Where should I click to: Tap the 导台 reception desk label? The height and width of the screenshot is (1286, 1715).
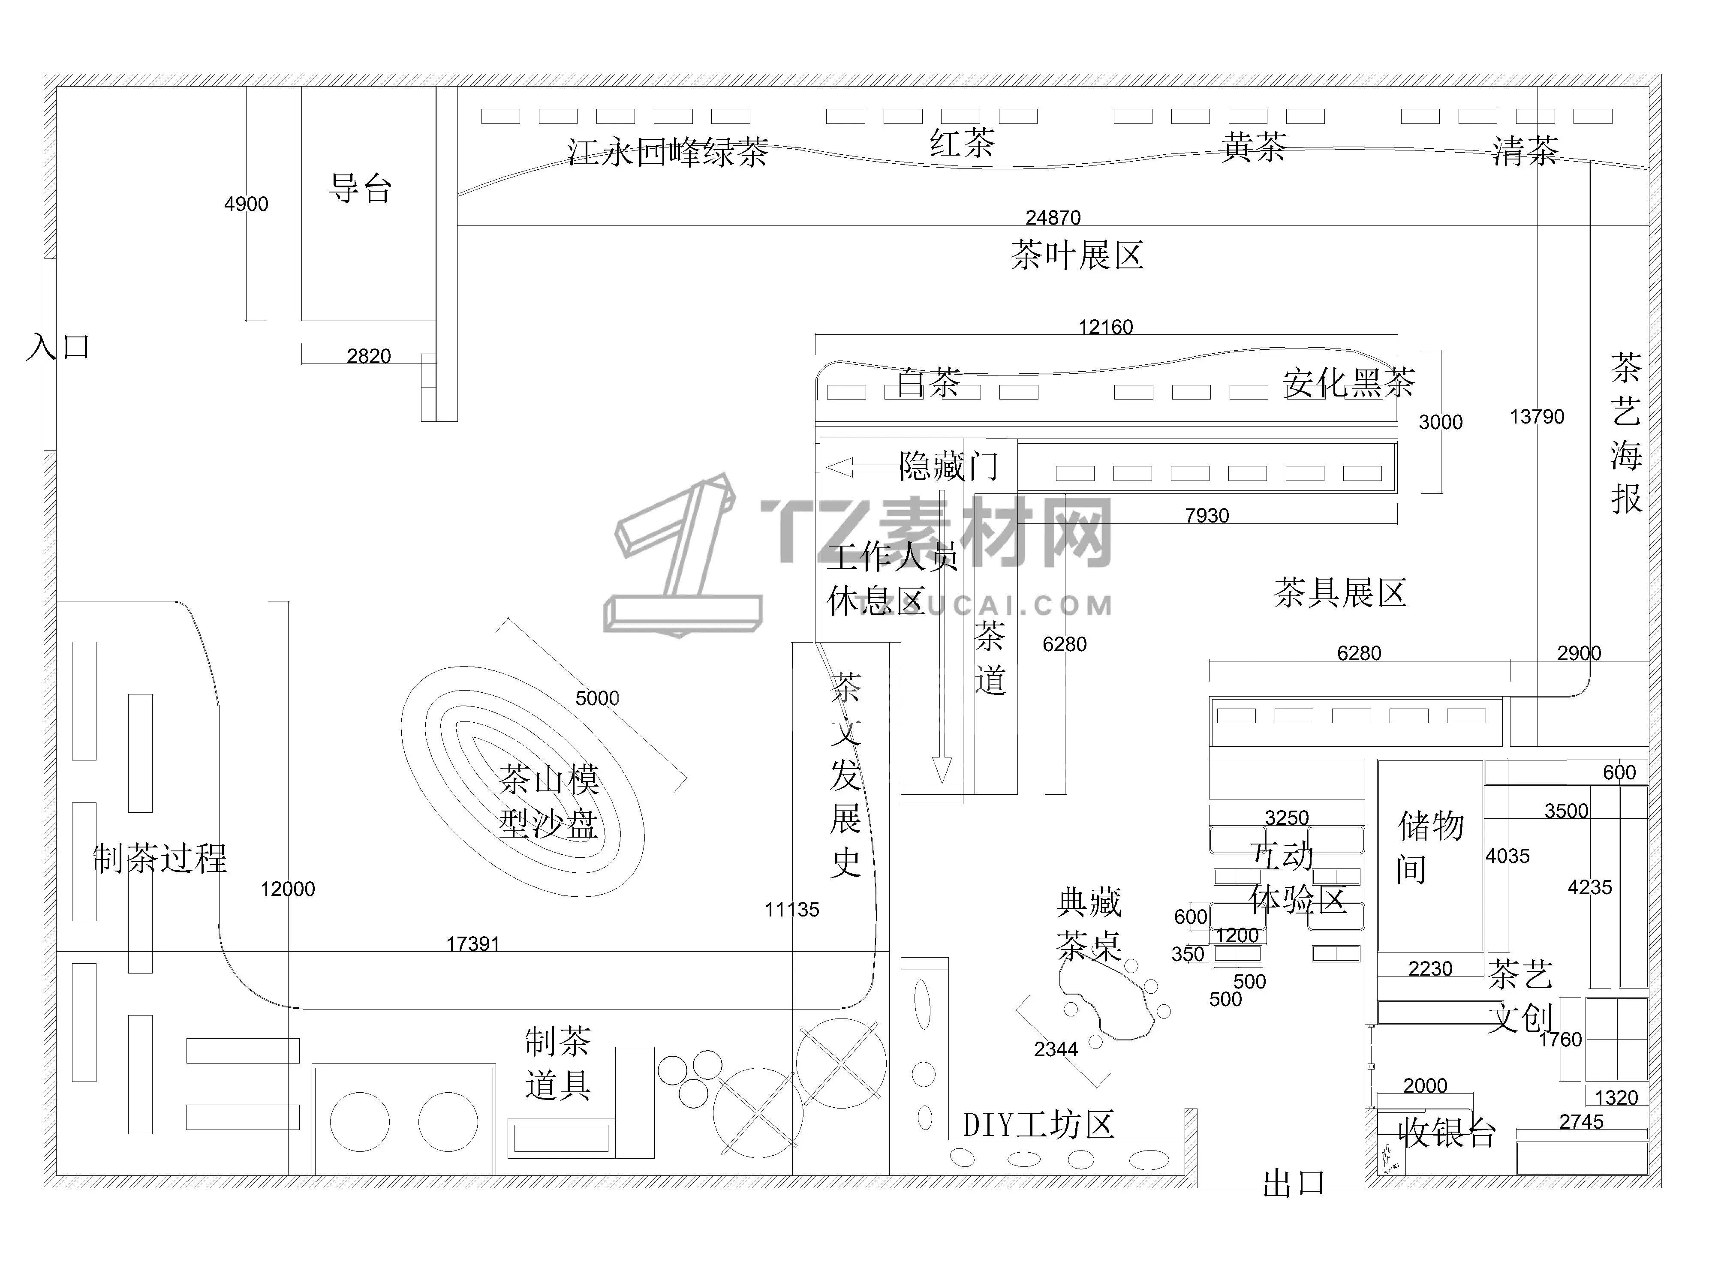[x=361, y=188]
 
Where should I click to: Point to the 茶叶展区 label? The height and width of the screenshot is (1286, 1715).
[x=1077, y=255]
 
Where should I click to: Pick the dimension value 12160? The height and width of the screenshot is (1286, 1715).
[x=1106, y=327]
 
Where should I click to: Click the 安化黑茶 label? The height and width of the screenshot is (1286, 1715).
[x=1349, y=383]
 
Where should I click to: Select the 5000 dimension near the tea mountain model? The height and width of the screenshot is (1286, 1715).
[x=597, y=698]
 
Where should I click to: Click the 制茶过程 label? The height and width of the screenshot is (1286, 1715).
[x=160, y=858]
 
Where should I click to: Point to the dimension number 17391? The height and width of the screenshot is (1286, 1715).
[x=473, y=944]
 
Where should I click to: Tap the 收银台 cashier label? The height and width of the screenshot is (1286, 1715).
[x=1447, y=1133]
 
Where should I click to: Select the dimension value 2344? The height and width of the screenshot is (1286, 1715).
[x=1056, y=1049]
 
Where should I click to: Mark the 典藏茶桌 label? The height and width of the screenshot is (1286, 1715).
[x=1089, y=924]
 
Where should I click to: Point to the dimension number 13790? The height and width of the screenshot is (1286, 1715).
[x=1537, y=417]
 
